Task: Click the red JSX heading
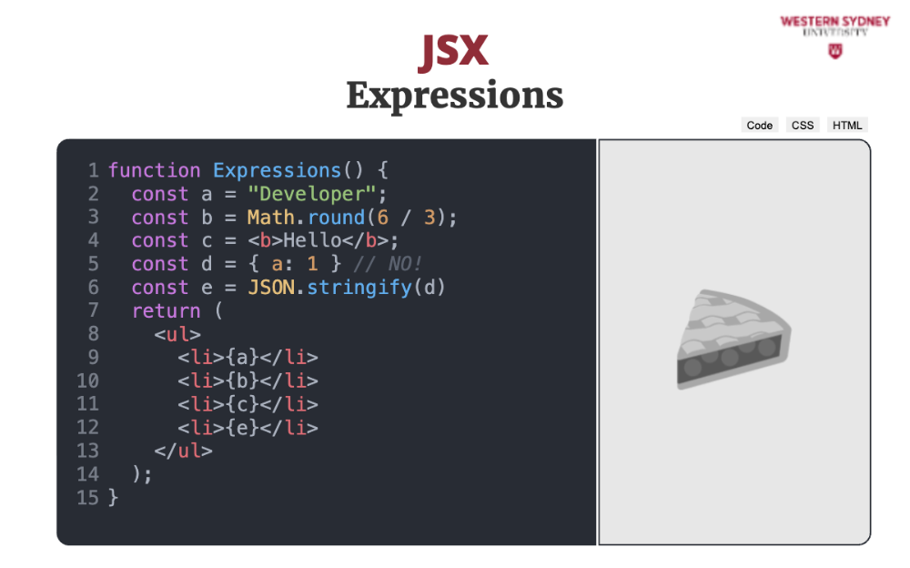[453, 52]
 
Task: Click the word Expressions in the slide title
[455, 96]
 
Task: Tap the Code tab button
[759, 125]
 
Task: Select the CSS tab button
[803, 125]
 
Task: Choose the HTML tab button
[847, 125]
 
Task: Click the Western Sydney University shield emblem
[835, 51]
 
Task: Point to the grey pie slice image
[733, 340]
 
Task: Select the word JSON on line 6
[271, 288]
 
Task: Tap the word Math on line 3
[271, 218]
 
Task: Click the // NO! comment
[388, 264]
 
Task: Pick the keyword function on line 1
[155, 171]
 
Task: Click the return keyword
[166, 311]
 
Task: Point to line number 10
[87, 381]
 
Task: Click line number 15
[87, 498]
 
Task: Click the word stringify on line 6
[359, 288]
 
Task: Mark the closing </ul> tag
[184, 451]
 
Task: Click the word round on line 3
[336, 218]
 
